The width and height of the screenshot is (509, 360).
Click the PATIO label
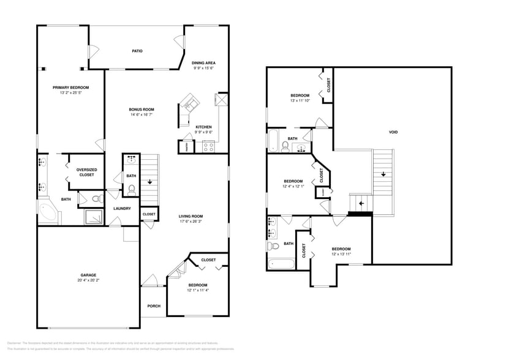(x=137, y=51)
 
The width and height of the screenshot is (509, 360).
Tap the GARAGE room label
(x=88, y=276)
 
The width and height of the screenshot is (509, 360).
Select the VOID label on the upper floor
(x=392, y=132)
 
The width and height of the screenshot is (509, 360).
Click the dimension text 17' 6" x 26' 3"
(x=190, y=222)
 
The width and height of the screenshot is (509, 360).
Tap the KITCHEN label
(x=203, y=127)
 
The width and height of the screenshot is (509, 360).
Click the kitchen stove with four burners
(x=208, y=147)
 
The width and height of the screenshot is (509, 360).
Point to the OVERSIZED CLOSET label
(x=86, y=172)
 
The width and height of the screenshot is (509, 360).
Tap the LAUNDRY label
(x=122, y=209)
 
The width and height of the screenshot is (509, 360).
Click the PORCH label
(x=153, y=306)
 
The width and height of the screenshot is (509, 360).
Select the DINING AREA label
(x=203, y=62)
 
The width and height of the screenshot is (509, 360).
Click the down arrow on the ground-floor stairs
(x=149, y=181)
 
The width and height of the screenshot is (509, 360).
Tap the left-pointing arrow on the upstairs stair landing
(x=361, y=203)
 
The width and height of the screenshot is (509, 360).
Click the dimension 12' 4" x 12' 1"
(x=293, y=187)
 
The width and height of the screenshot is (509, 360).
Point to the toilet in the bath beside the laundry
(x=131, y=189)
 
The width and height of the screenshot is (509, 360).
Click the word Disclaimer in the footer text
(x=14, y=343)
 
